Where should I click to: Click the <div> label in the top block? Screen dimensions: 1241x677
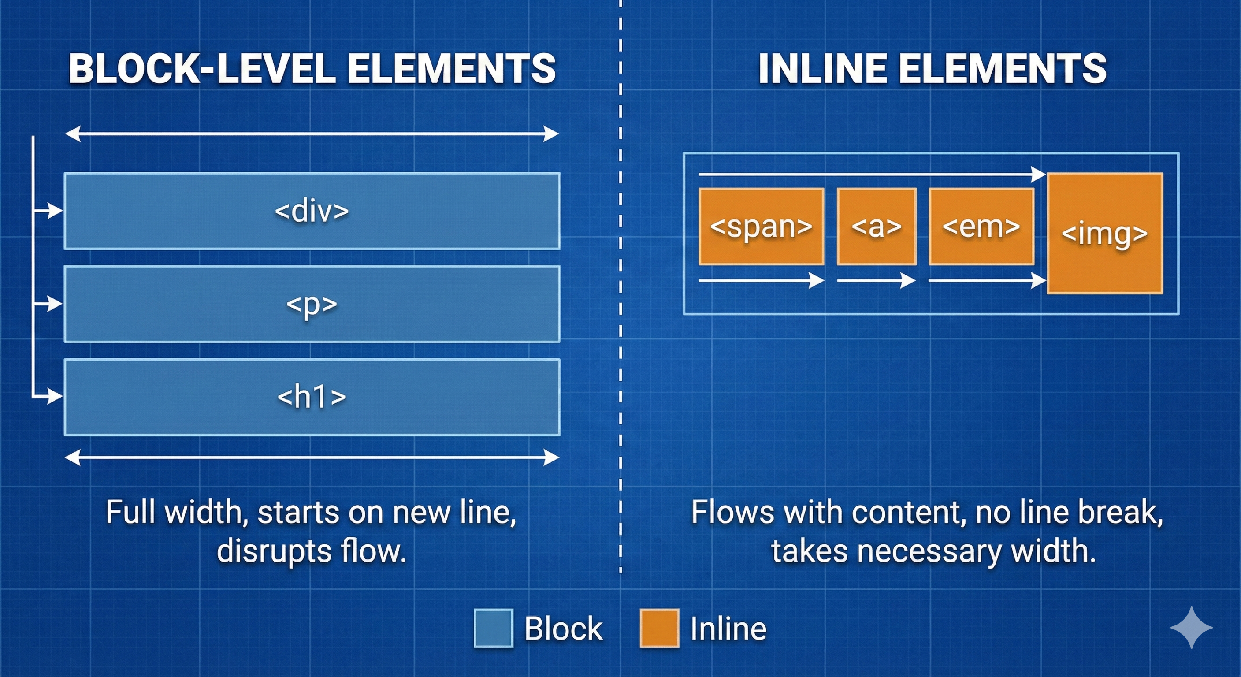311,211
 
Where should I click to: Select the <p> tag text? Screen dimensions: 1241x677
311,305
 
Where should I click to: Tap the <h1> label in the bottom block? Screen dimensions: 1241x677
311,397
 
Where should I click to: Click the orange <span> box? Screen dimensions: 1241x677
761,227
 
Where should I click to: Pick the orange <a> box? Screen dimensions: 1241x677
876,227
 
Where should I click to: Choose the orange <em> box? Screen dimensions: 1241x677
981,227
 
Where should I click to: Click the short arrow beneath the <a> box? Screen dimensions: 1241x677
876,280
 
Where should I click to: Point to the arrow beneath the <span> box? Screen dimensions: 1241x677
761,280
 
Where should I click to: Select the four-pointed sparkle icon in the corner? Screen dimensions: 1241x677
1191,627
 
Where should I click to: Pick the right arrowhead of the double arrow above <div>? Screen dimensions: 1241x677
552,134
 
